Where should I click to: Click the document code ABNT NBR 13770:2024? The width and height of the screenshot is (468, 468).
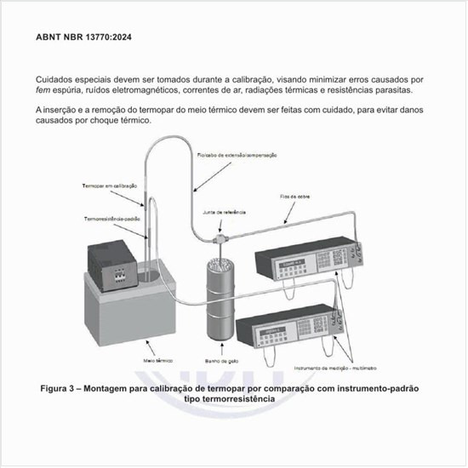click(x=83, y=38)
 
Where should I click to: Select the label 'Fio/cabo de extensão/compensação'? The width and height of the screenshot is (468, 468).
click(x=237, y=156)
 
